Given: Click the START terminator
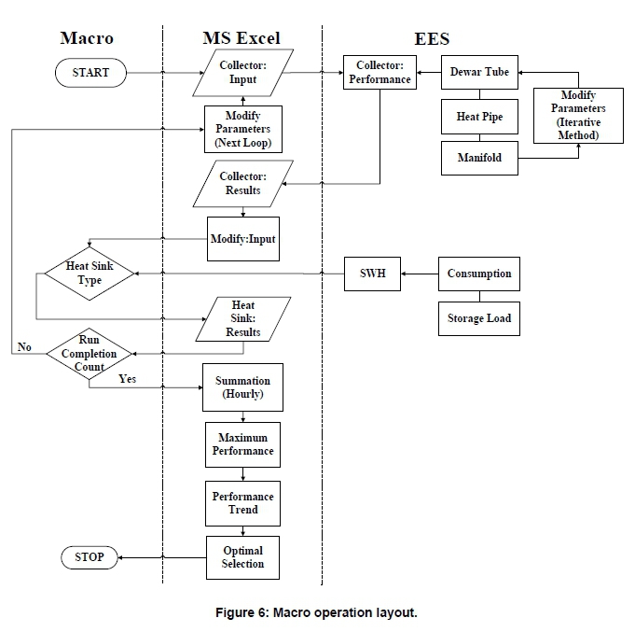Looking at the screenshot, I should [x=90, y=72].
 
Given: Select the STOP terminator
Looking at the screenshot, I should [x=90, y=557].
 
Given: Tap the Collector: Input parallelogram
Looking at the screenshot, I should [x=242, y=72].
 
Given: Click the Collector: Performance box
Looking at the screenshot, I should [x=379, y=73].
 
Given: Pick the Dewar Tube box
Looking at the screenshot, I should [x=479, y=72].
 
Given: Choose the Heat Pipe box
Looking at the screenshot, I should [x=479, y=117].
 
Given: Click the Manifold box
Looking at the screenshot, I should [x=479, y=158].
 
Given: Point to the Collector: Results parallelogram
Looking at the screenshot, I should [x=242, y=183].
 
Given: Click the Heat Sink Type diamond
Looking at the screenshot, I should [x=90, y=274].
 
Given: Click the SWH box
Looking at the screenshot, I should [x=372, y=274].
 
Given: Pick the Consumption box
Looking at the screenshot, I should [x=479, y=274].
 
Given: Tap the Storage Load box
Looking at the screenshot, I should [x=479, y=318].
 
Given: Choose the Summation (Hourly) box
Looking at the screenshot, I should [x=242, y=387].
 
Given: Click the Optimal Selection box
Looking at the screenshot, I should [x=242, y=557].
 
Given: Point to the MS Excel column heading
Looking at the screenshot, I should [x=242, y=38].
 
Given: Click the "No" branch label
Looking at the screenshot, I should [x=24, y=347].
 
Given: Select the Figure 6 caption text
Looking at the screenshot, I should [x=317, y=612].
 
